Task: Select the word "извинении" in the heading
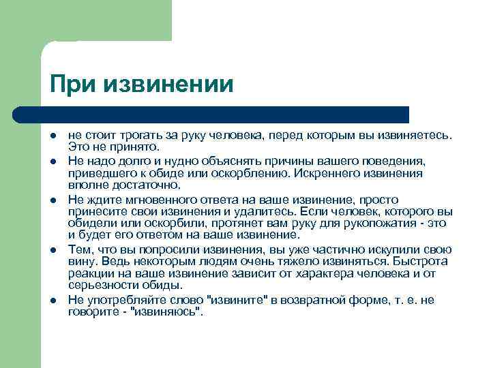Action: tap(169, 85)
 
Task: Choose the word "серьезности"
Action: tap(102, 283)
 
